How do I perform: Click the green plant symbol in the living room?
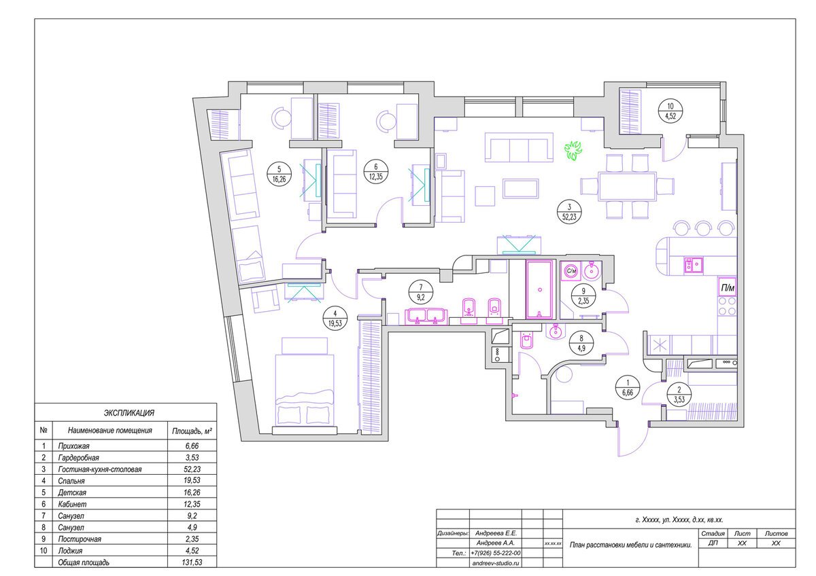[573, 151]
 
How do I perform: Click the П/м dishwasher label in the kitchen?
[728, 288]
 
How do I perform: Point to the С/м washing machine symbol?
[571, 271]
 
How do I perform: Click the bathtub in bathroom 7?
[540, 289]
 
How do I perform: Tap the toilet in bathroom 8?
[526, 340]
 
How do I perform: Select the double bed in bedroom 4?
[305, 386]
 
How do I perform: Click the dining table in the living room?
[626, 187]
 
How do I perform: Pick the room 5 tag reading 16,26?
[279, 174]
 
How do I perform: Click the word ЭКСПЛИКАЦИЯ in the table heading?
[129, 413]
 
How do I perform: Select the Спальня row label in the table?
[71, 481]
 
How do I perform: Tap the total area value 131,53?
[192, 562]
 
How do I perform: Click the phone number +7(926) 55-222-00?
[496, 553]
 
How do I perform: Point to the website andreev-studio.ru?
[496, 563]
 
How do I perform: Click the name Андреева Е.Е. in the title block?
[496, 533]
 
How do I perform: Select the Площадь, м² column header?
[192, 431]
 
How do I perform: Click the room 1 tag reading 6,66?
[628, 388]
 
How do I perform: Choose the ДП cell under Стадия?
[713, 543]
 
